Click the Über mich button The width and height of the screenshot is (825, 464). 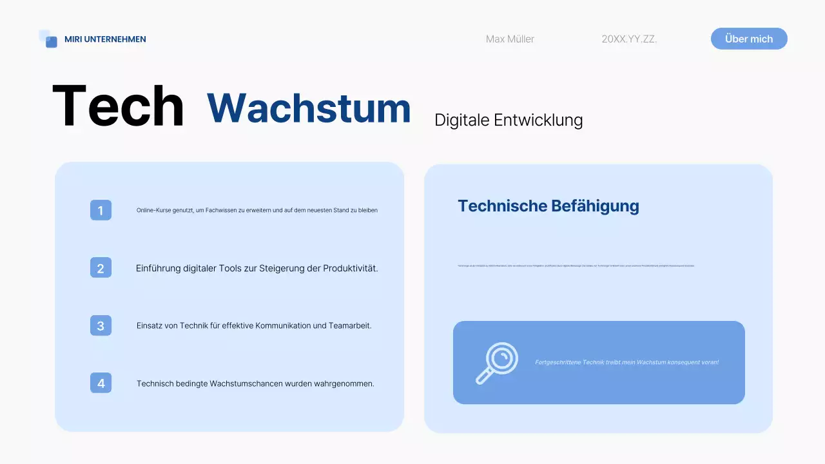(749, 39)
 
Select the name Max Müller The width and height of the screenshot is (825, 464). (510, 39)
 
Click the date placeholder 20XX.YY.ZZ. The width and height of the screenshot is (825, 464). (629, 39)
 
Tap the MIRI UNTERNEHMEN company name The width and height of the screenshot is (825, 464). (105, 39)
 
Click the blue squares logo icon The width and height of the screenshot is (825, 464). (48, 39)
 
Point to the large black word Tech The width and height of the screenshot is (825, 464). (118, 107)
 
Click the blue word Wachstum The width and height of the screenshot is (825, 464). (309, 108)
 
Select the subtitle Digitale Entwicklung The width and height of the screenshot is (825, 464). (509, 120)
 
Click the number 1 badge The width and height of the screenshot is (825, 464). (101, 210)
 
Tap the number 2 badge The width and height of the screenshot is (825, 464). (101, 268)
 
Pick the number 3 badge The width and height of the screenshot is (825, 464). (101, 325)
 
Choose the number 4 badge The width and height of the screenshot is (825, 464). (101, 383)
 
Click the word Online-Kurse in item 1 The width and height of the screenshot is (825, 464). (152, 210)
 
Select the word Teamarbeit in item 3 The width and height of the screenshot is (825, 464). (351, 325)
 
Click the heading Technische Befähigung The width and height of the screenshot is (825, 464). (548, 206)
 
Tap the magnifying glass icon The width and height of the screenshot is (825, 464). (496, 363)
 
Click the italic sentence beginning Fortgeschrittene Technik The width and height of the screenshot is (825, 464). (626, 362)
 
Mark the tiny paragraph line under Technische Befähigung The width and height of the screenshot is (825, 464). (576, 266)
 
